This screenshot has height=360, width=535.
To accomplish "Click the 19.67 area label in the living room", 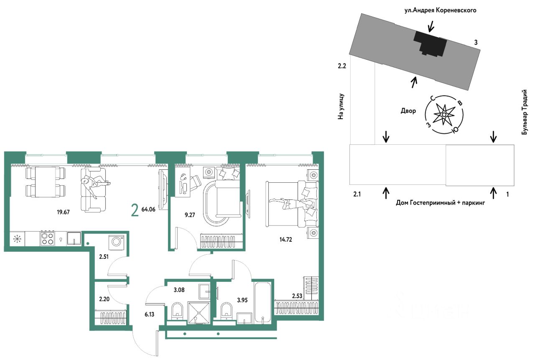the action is tap(63, 212).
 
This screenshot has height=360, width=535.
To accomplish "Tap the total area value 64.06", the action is tap(148, 209).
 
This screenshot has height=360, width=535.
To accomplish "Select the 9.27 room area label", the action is tap(190, 215).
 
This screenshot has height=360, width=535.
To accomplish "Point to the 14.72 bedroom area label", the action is tap(285, 239).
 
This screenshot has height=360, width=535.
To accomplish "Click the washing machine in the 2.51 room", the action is tap(116, 243).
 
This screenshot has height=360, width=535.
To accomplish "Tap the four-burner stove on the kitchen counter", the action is tap(47, 238).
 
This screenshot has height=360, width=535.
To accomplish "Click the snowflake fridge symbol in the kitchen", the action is tap(18, 239).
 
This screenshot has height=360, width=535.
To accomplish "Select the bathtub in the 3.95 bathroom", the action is tap(262, 302).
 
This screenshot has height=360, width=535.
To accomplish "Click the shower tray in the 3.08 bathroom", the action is tap(199, 313).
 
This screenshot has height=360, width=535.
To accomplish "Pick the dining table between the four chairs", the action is tap(46, 182).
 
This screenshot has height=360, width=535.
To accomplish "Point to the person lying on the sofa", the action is tap(95, 186).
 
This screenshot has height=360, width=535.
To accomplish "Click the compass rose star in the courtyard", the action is tap(444, 115).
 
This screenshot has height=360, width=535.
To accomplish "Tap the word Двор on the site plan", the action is tap(408, 111).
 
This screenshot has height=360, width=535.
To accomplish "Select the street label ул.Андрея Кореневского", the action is tap(440, 10).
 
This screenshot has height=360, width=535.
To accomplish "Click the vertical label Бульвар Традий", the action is tap(524, 112).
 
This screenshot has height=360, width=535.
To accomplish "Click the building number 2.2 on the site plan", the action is tap(342, 66).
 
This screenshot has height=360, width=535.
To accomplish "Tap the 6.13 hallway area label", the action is tap(149, 314).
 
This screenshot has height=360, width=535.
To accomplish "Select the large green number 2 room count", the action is tap(135, 210).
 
